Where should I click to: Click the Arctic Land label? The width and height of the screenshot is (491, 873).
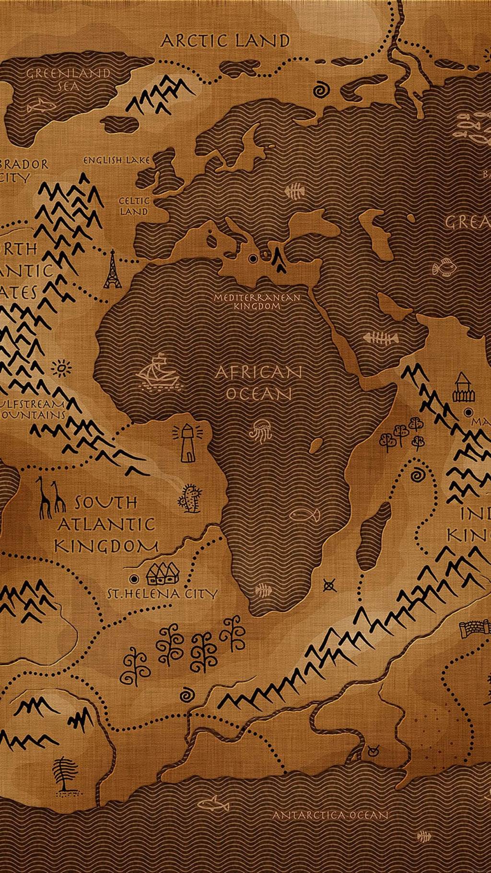coord(225,41)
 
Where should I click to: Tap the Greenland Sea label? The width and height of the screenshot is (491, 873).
coord(68,80)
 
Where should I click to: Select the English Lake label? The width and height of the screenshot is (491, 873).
coord(117,160)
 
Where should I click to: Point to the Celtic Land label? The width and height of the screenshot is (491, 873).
coord(134,206)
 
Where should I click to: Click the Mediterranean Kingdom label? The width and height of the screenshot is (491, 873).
coord(257,301)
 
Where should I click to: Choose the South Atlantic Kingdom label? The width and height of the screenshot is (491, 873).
coord(106,524)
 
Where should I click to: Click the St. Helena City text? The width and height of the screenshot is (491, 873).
coord(162,594)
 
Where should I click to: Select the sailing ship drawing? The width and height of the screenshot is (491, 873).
coord(158,371)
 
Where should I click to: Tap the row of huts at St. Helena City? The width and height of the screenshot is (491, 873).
coord(163,573)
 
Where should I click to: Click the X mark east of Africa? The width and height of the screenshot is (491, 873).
coord(329,585)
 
